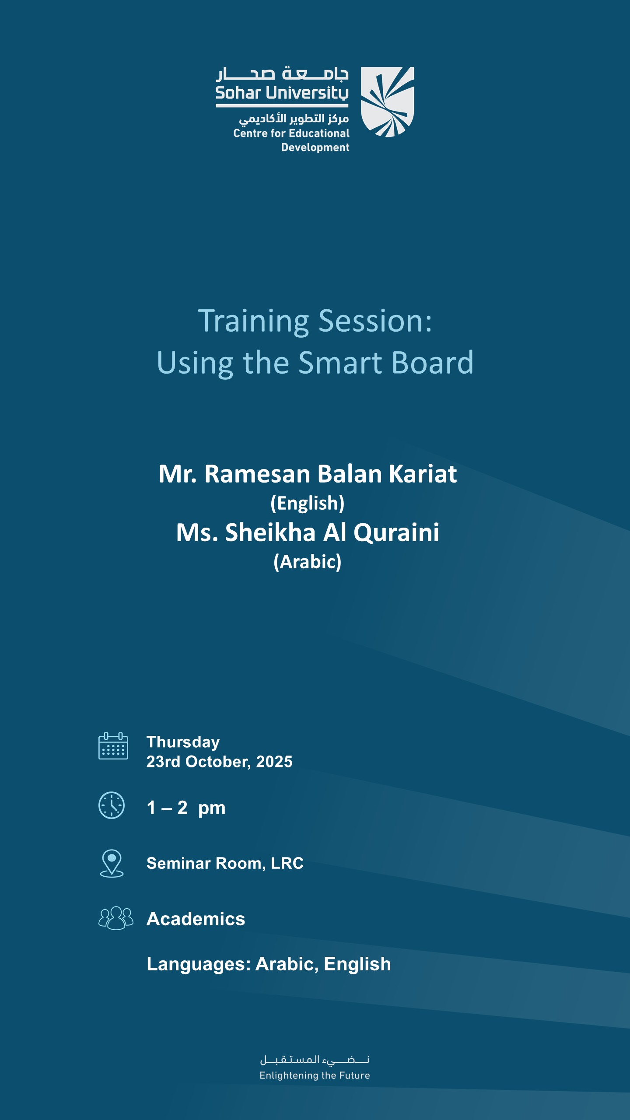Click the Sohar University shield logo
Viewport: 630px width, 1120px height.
click(x=387, y=101)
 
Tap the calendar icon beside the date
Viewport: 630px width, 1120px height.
click(x=113, y=746)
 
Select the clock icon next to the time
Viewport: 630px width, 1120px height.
click(x=112, y=805)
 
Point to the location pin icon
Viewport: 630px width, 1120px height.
click(x=112, y=863)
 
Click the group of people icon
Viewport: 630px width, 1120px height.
click(x=115, y=918)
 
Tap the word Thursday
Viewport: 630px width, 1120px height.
click(x=183, y=742)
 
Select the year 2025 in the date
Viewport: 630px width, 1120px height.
click(x=274, y=762)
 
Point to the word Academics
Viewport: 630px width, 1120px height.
click(x=196, y=919)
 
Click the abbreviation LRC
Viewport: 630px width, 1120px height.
click(x=287, y=863)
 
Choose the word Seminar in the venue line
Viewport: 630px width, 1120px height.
click(x=179, y=863)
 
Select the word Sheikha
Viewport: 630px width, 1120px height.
click(x=270, y=532)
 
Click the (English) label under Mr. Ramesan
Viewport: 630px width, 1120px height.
click(x=308, y=503)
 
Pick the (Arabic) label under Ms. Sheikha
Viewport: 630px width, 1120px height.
click(x=308, y=562)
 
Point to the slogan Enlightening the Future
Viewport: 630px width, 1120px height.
click(x=315, y=1075)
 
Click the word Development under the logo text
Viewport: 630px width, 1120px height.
click(x=315, y=147)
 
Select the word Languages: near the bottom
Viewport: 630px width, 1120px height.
click(x=198, y=964)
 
